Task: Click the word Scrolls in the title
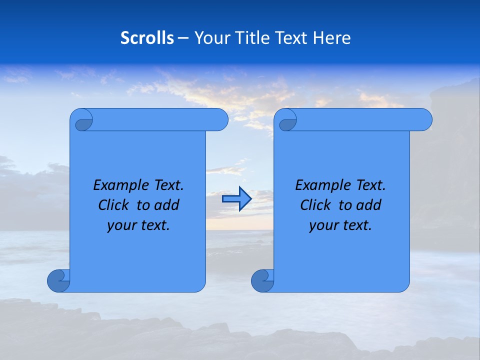[x=147, y=38]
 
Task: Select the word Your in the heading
[x=209, y=38]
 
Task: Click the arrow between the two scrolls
[x=236, y=199]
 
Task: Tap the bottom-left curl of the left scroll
[x=58, y=280]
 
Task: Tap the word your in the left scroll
[x=120, y=225]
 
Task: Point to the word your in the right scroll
[x=322, y=225]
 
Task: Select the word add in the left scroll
[x=166, y=205]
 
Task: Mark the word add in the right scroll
[x=368, y=205]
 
